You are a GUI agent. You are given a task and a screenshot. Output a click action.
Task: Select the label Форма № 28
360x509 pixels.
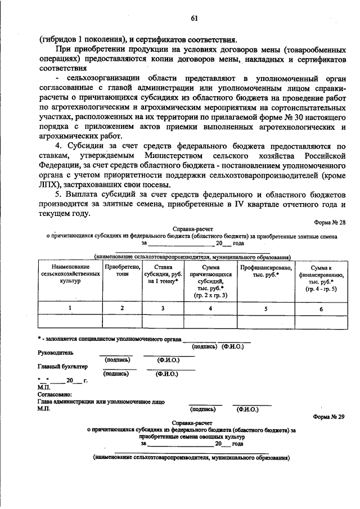[x=330, y=223]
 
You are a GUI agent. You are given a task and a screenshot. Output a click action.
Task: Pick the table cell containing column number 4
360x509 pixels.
[x=210, y=308]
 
